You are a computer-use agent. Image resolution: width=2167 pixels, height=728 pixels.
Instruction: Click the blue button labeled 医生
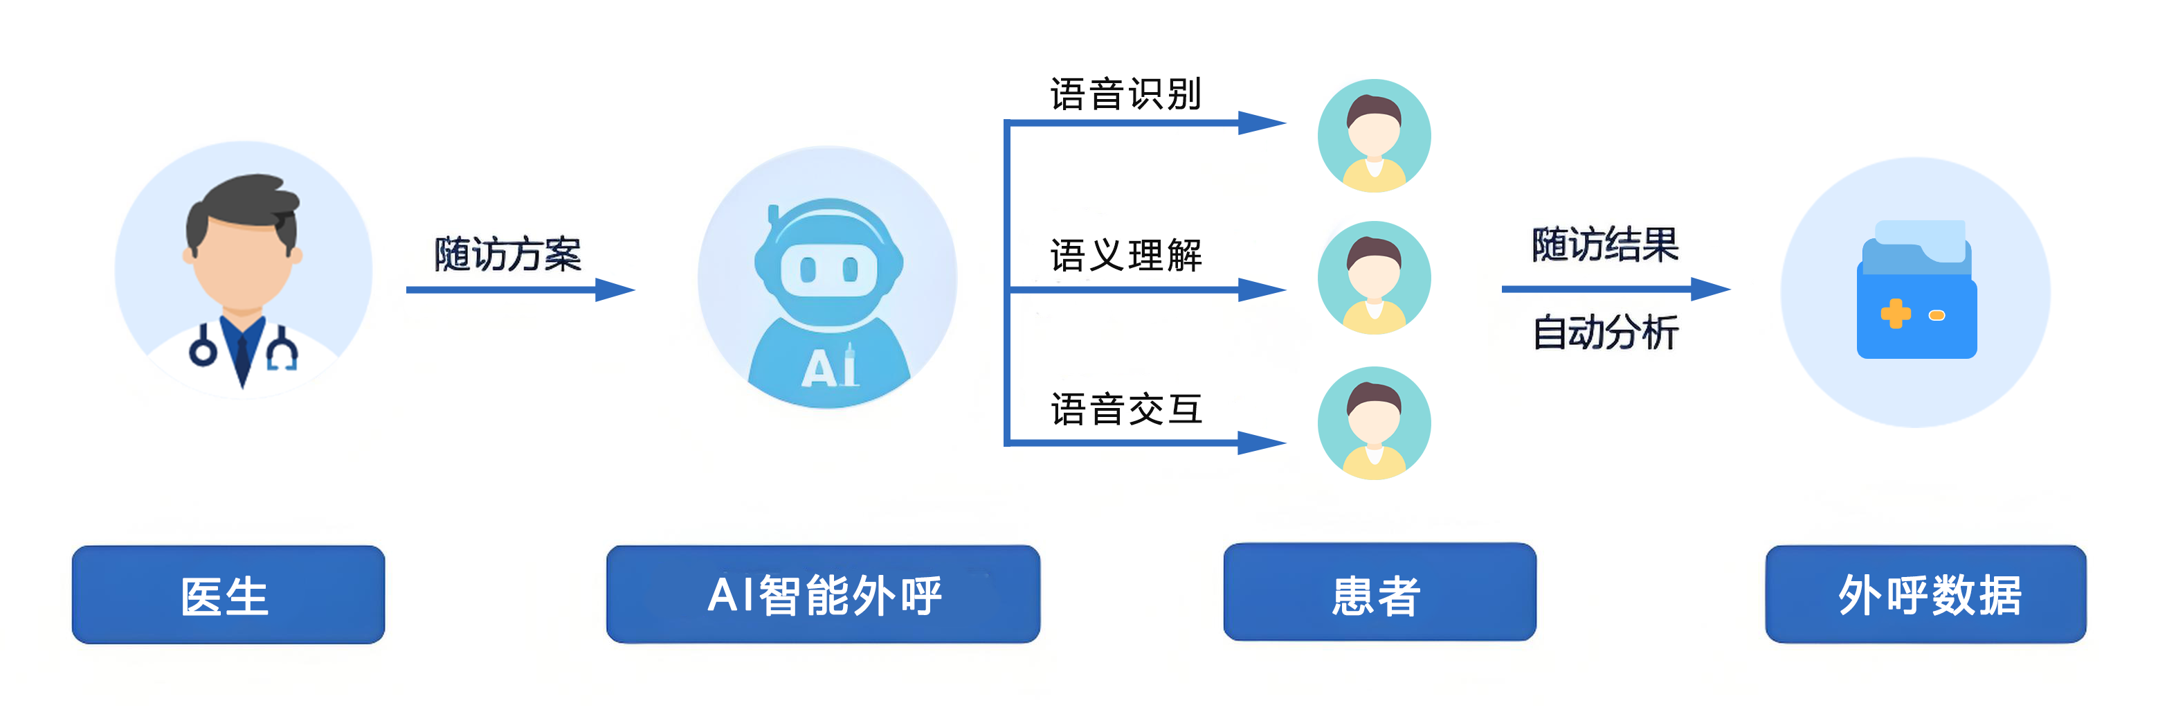click(x=228, y=595)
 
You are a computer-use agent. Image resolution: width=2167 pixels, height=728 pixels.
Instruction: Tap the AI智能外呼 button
click(x=823, y=595)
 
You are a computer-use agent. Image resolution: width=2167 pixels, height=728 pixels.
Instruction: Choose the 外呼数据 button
click(x=1925, y=595)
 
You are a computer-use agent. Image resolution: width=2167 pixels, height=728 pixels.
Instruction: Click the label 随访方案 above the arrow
click(x=507, y=254)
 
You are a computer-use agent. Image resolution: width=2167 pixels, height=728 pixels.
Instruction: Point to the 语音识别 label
click(x=1125, y=94)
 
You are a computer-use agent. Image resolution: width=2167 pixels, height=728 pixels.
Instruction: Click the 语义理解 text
click(x=1125, y=255)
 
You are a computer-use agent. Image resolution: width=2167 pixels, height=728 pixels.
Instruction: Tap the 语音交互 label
click(x=1125, y=409)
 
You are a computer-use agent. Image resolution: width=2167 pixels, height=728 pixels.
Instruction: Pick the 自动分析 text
click(x=1604, y=332)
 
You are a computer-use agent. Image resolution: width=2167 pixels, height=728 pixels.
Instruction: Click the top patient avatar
click(x=1374, y=136)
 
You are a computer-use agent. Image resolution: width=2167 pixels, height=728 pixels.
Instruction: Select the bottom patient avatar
click(x=1374, y=423)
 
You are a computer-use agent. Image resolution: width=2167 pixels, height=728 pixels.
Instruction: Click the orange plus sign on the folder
click(x=1894, y=314)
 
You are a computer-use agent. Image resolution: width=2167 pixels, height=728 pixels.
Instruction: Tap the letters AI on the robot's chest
click(x=828, y=369)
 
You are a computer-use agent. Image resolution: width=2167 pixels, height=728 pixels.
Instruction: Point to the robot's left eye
click(x=808, y=270)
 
